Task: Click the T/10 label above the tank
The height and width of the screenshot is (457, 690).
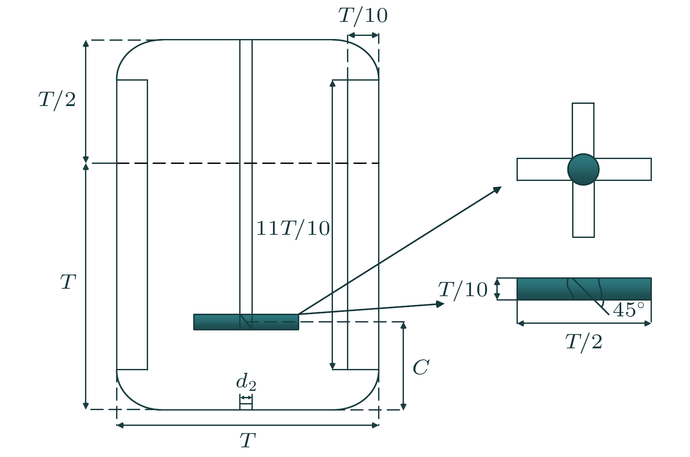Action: [363, 16]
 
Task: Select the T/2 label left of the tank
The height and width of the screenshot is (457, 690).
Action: [57, 100]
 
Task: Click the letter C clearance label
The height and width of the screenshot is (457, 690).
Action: [421, 367]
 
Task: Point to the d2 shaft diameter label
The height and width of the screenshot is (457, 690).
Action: [246, 382]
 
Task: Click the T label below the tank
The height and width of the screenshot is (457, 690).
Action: [248, 440]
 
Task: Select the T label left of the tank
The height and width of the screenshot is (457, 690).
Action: [68, 282]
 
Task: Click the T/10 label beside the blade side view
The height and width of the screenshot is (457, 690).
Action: [463, 290]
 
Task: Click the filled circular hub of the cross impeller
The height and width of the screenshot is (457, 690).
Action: [583, 170]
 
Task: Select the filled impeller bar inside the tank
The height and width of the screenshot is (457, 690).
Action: [246, 322]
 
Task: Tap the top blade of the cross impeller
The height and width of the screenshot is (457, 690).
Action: [583, 129]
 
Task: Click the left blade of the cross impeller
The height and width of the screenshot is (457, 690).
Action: [543, 169]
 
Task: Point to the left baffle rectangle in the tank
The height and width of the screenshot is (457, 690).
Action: [132, 225]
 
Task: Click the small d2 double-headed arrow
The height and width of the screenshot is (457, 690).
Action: [246, 398]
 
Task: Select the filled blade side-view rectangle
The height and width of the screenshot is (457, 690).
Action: [584, 289]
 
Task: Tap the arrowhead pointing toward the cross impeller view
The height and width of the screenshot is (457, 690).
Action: [497, 189]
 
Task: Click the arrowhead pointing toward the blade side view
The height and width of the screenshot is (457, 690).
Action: [440, 304]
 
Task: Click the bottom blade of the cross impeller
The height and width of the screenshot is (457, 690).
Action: [584, 211]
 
